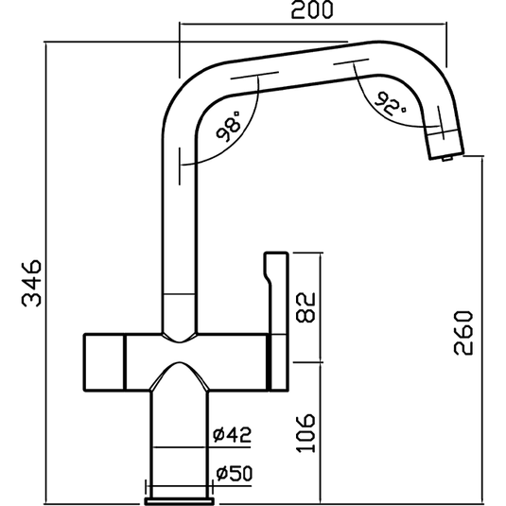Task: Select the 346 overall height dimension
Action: (30, 281)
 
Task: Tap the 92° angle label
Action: (389, 101)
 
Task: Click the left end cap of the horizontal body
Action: (104, 360)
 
